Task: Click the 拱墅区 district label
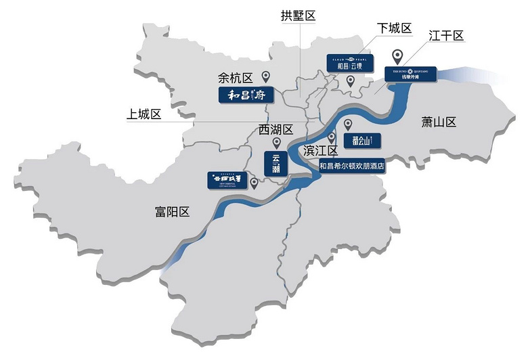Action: tap(299, 16)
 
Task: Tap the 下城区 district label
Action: tap(395, 28)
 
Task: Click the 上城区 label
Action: tap(144, 114)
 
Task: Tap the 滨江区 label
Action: tap(322, 150)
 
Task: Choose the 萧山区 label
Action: tap(439, 122)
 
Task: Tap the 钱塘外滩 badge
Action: tap(410, 73)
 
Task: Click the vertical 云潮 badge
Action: tap(276, 164)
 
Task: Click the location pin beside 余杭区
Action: tap(266, 77)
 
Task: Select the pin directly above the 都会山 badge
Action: tap(348, 125)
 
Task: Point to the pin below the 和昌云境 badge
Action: tap(351, 81)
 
